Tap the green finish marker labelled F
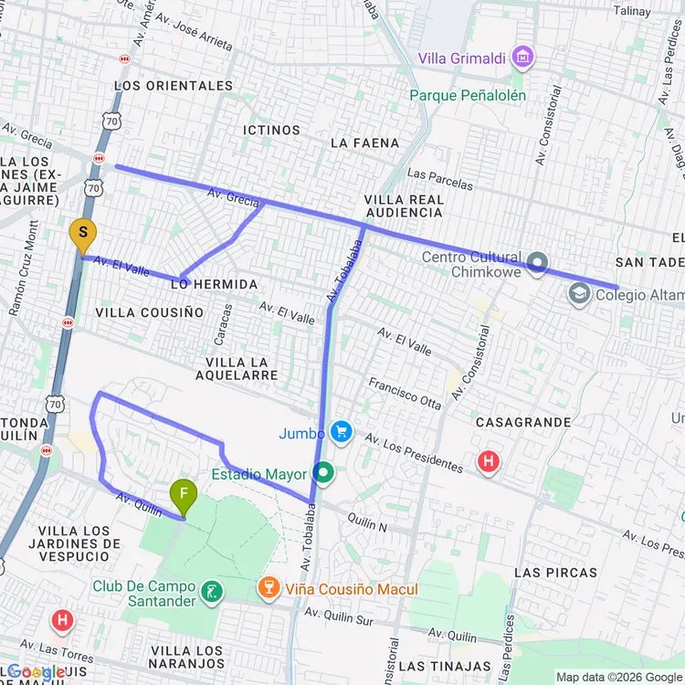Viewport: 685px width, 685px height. [184, 496]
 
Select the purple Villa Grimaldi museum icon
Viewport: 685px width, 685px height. [522, 58]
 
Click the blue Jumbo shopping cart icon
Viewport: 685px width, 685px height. [342, 431]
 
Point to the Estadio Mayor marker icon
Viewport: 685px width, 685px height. [323, 473]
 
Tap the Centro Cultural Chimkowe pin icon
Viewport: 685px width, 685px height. [538, 264]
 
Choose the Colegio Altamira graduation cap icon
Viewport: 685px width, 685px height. [577, 294]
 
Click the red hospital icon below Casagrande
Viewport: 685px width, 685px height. [489, 462]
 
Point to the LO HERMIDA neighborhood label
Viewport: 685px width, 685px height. [213, 285]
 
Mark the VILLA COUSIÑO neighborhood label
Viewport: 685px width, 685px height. [150, 312]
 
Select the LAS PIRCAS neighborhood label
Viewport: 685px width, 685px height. [555, 573]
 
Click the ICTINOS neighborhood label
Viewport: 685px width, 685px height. [271, 131]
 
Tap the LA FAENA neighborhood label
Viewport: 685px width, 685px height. [364, 142]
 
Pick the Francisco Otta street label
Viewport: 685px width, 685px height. [405, 393]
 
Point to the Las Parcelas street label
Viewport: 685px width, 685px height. [440, 179]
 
